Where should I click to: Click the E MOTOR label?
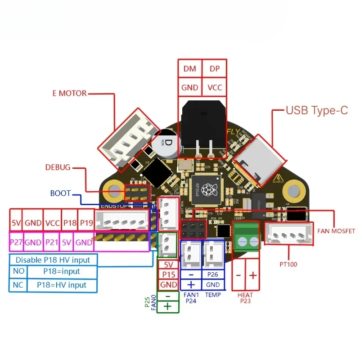(x=69, y=94)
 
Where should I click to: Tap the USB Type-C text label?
(x=317, y=110)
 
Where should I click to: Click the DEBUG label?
(x=58, y=167)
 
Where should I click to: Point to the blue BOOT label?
(x=60, y=193)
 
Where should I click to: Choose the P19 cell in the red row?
(x=86, y=222)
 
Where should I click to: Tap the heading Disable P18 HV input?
(x=53, y=260)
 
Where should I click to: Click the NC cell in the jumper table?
(x=18, y=284)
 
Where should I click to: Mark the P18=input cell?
(x=62, y=272)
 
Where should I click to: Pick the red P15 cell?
(x=169, y=274)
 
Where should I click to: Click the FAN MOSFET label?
(x=336, y=231)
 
